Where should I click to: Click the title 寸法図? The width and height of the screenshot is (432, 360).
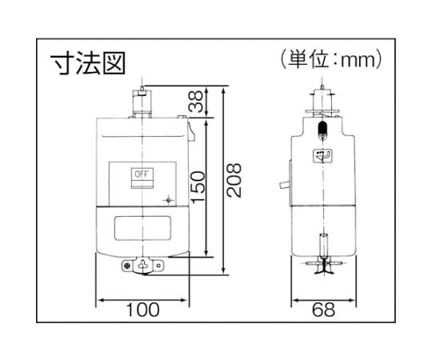(x=88, y=63)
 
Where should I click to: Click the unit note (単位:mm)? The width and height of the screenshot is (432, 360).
(x=331, y=59)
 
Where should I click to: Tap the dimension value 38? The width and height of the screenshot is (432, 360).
(x=196, y=102)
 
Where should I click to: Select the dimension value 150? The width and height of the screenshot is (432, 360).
(x=198, y=187)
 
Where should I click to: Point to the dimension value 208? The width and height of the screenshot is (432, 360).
(x=234, y=180)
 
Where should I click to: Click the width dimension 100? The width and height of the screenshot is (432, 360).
(x=142, y=310)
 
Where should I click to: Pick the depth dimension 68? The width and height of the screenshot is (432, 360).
(x=323, y=310)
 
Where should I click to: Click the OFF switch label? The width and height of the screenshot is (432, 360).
(x=142, y=174)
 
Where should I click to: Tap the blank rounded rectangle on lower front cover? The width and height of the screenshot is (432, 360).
(x=142, y=228)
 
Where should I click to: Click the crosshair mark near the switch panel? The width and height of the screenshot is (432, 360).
(x=169, y=200)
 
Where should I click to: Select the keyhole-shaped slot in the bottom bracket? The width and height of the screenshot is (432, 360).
(x=143, y=265)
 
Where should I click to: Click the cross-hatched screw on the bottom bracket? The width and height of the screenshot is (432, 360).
(x=127, y=266)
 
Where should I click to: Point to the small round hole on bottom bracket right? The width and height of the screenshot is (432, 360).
(x=158, y=266)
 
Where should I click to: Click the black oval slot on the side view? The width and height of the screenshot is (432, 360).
(x=322, y=128)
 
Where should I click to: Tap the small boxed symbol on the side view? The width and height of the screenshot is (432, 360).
(x=323, y=156)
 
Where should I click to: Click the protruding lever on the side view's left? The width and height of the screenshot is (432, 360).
(x=284, y=185)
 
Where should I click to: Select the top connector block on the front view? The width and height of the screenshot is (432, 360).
(x=142, y=103)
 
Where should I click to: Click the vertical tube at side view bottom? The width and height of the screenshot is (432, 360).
(x=323, y=245)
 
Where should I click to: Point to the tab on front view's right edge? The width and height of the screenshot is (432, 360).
(x=192, y=132)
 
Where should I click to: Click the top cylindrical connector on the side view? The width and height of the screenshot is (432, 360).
(x=322, y=100)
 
